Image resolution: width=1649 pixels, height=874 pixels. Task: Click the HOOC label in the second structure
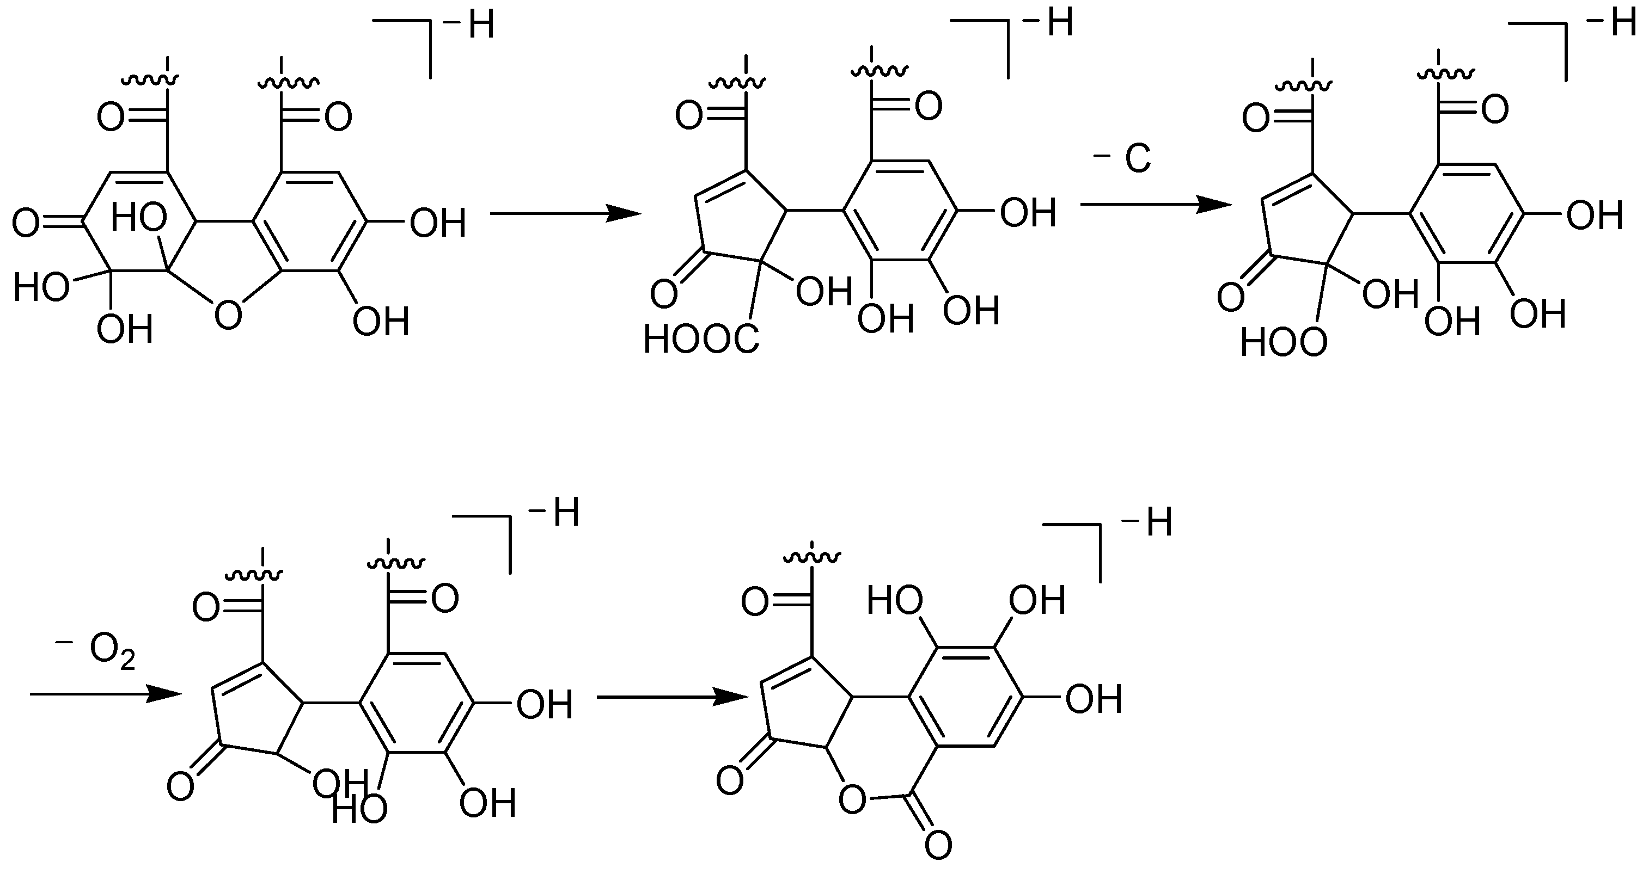tap(701, 340)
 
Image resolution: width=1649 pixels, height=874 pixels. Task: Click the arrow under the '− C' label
tap(1156, 205)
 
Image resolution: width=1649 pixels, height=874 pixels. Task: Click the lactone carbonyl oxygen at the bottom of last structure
tap(938, 846)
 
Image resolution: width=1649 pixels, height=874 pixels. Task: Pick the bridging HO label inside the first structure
tap(139, 218)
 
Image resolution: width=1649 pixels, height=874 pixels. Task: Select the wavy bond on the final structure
tap(811, 558)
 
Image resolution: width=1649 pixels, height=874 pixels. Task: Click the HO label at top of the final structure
tap(894, 601)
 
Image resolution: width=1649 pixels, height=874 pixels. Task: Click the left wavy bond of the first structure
tap(150, 80)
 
